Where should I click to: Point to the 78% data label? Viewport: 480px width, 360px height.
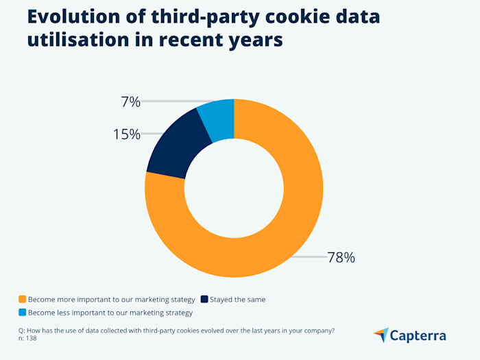point(341,258)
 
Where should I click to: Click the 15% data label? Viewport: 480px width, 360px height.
point(126,134)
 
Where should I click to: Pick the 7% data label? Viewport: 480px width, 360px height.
point(130,102)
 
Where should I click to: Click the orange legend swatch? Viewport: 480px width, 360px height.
point(23,300)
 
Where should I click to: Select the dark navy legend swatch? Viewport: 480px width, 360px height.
point(204,300)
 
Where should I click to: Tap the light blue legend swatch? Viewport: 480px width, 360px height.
point(23,312)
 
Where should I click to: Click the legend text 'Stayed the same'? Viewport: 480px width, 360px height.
point(238,300)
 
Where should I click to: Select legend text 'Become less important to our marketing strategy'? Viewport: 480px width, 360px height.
point(110,312)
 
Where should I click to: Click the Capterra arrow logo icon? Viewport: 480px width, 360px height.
point(381,335)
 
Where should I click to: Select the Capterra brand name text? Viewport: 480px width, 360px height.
point(418,335)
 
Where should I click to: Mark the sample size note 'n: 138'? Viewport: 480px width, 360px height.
point(27,338)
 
